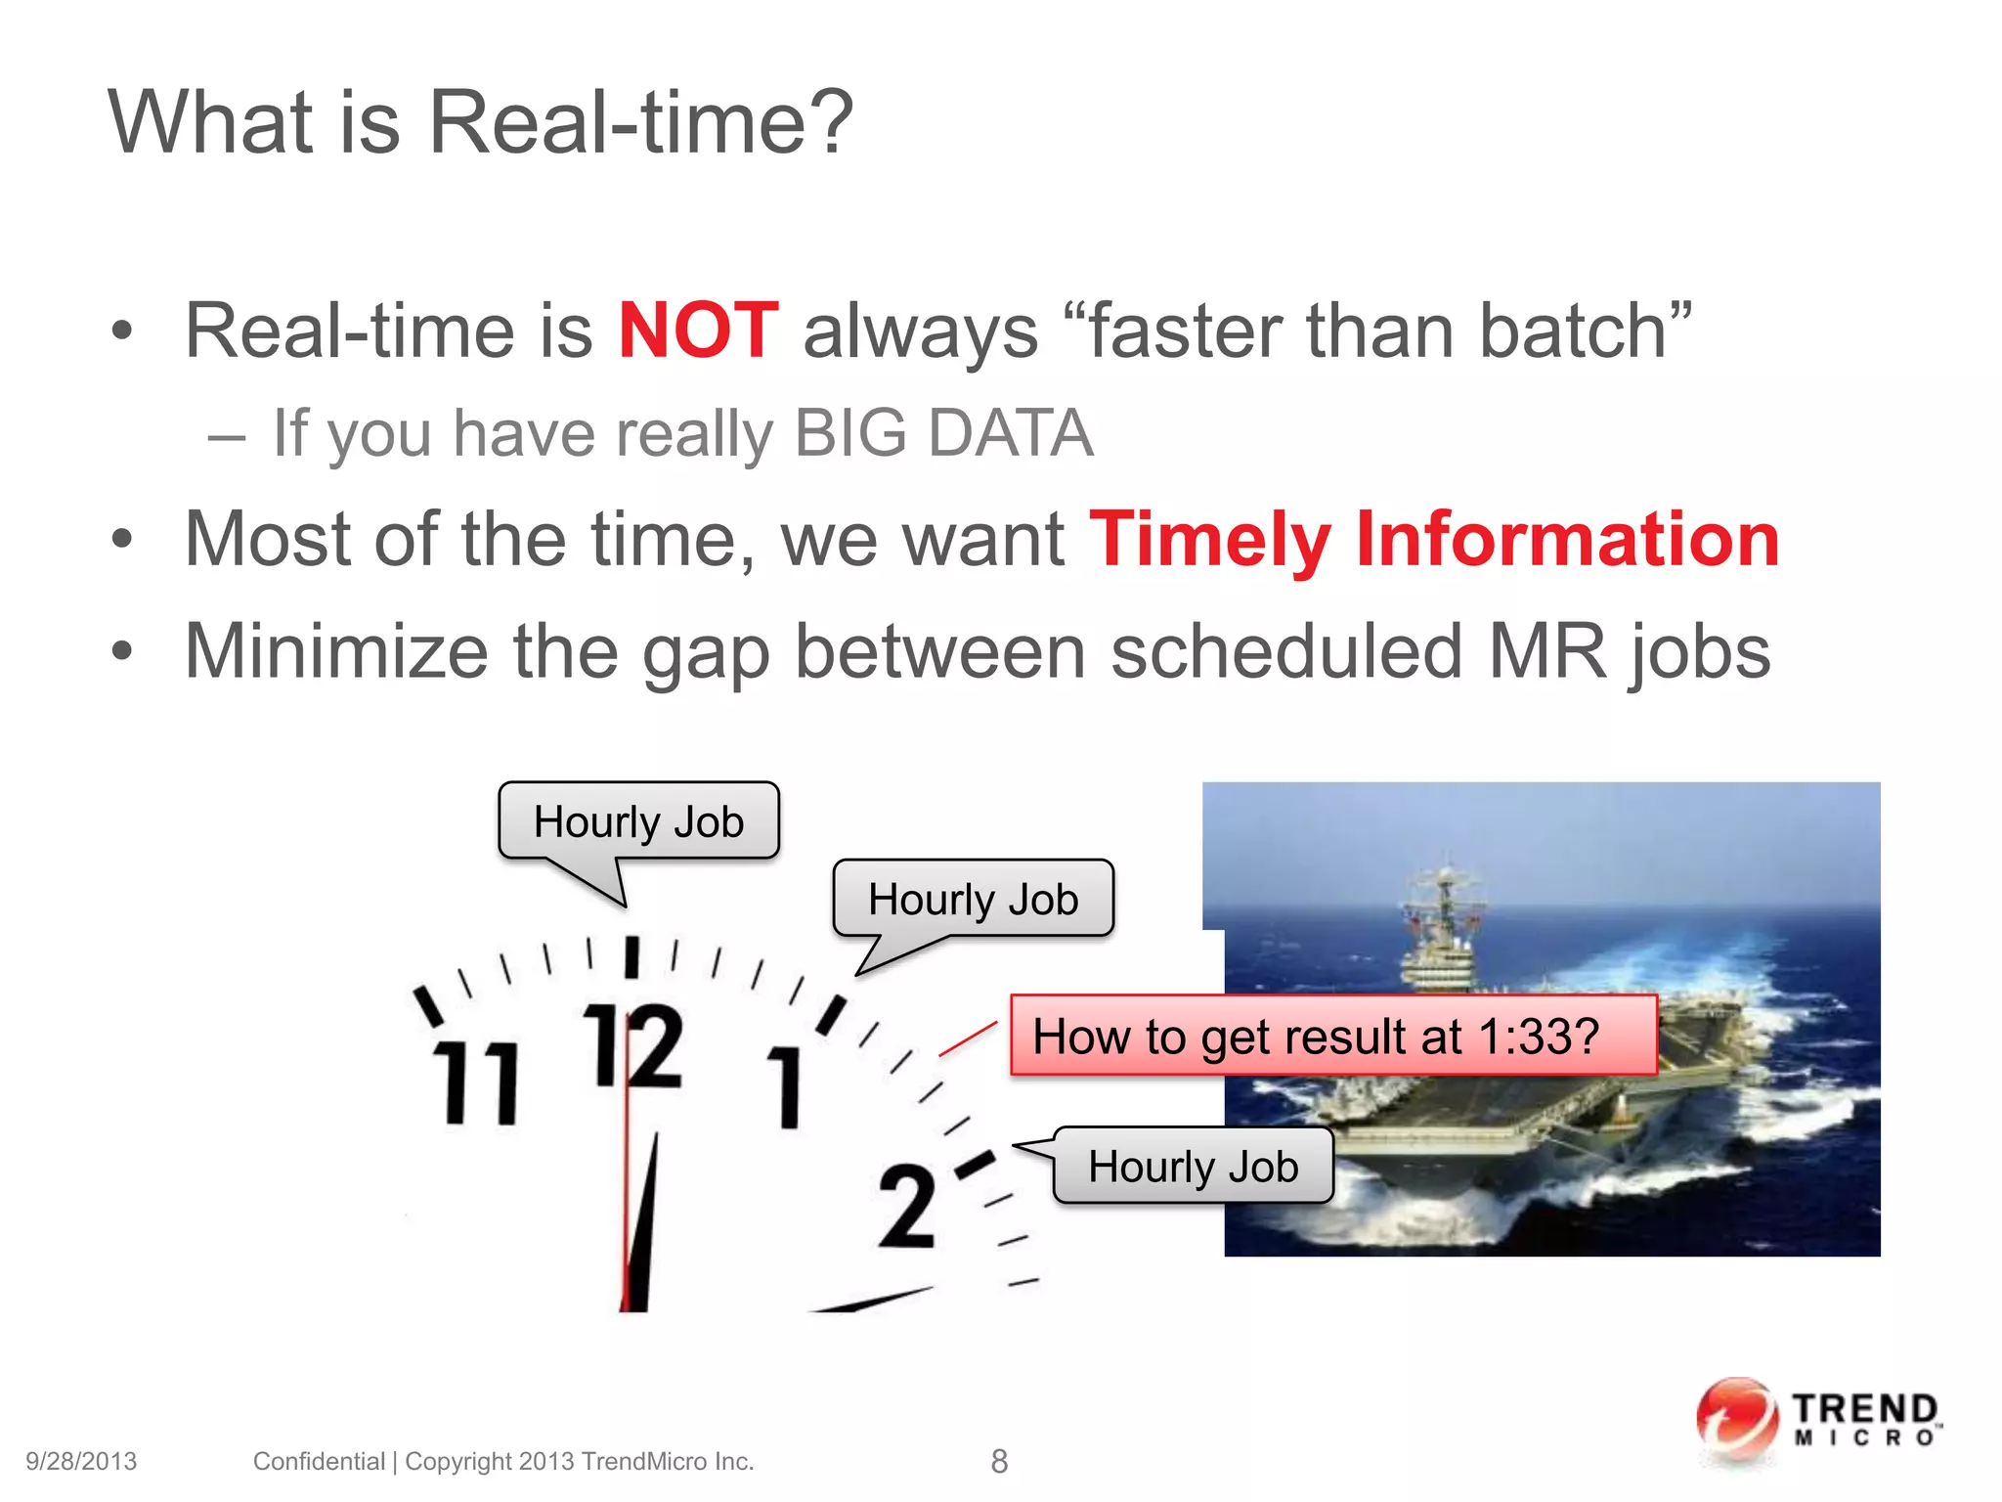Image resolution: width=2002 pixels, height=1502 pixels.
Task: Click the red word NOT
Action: tap(698, 331)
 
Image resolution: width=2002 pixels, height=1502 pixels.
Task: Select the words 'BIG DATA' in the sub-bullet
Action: tap(943, 433)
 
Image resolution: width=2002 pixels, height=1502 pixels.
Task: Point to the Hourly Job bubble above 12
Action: tap(638, 821)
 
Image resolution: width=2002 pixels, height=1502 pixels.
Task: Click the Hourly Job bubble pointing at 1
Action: tap(973, 899)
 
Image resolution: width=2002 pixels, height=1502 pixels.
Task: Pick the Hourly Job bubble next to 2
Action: tap(1193, 1166)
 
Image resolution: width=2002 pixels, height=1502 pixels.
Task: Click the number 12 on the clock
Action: tap(632, 1046)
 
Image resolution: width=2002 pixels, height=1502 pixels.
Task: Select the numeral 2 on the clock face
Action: tap(906, 1206)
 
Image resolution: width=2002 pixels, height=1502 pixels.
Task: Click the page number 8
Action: tap(998, 1461)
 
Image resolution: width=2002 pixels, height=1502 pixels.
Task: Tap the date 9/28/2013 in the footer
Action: tap(81, 1461)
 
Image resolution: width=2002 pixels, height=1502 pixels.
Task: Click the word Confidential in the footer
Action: tap(319, 1461)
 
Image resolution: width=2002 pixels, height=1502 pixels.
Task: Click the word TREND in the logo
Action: tap(1864, 1408)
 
